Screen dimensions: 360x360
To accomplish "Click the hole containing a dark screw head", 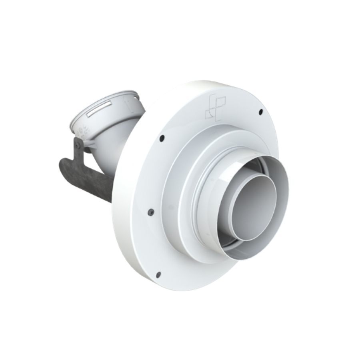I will (151, 211).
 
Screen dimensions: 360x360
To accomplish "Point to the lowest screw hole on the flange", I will (157, 274).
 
